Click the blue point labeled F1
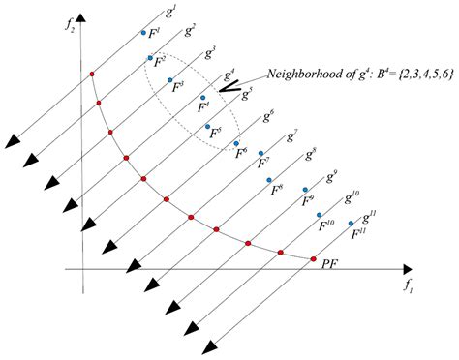[x=143, y=33]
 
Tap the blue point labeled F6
[x=236, y=144]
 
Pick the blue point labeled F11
[x=351, y=224]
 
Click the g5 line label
[x=247, y=94]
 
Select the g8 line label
[x=311, y=152]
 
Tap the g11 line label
[x=369, y=218]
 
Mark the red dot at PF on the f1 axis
[x=314, y=259]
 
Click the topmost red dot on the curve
[x=91, y=74]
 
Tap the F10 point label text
[x=326, y=224]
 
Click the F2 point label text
[x=160, y=60]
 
